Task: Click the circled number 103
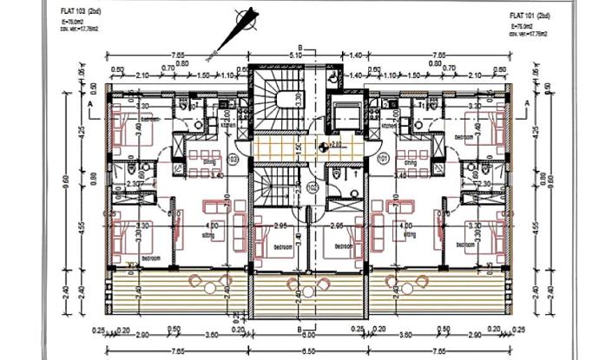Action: click(233, 160)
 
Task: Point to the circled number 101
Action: click(383, 160)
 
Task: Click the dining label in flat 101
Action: click(408, 162)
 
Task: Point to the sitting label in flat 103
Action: click(208, 233)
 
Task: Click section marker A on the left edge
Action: click(90, 102)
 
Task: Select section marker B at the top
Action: click(299, 47)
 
